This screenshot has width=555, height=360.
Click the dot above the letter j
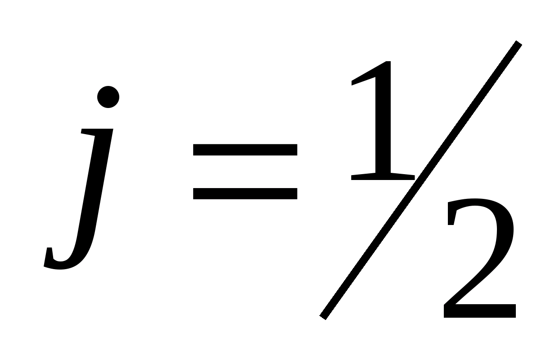point(108,97)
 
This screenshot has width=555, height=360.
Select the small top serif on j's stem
point(90,132)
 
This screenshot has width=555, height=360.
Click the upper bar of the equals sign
point(245,149)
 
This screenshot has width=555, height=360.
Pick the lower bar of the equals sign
point(245,193)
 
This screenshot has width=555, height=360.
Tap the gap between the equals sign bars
point(245,171)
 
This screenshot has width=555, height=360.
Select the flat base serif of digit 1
point(383,177)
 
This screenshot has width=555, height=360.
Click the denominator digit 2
point(479,261)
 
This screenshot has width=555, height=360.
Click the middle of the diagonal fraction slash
point(421,180)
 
